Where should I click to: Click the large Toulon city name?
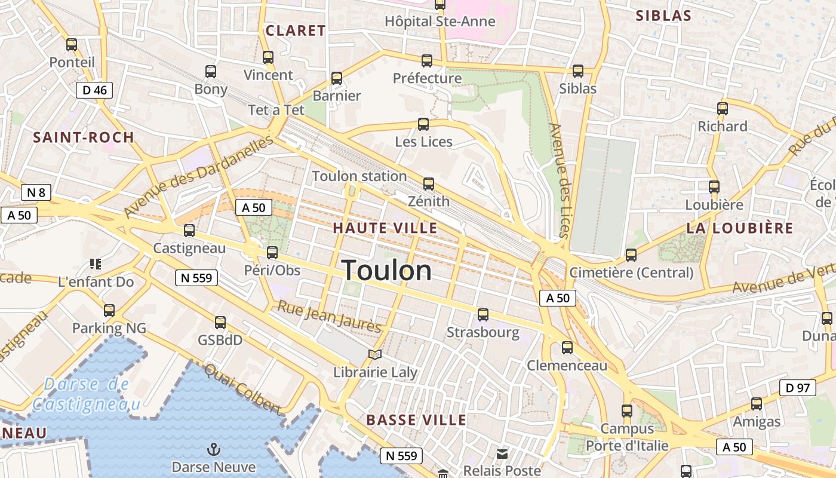click(386, 271)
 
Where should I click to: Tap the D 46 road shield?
click(94, 90)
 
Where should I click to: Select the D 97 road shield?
click(798, 388)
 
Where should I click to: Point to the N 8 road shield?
click(36, 192)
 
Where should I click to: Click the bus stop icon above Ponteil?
click(72, 44)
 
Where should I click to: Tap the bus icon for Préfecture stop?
click(426, 60)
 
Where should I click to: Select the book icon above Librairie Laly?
click(375, 355)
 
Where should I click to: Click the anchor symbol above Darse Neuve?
click(213, 449)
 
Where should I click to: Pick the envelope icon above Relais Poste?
click(502, 454)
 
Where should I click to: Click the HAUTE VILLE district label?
click(385, 228)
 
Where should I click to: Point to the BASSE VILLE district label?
click(416, 419)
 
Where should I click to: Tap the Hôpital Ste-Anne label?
click(440, 22)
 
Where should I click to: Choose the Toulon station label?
click(359, 176)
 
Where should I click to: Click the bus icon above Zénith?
click(428, 183)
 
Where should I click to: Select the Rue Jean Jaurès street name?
click(329, 317)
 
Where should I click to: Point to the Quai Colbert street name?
click(242, 389)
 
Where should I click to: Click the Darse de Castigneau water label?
click(87, 394)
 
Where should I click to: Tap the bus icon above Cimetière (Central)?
click(631, 255)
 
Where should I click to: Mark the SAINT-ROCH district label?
click(84, 137)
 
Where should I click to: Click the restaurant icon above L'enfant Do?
click(95, 263)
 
